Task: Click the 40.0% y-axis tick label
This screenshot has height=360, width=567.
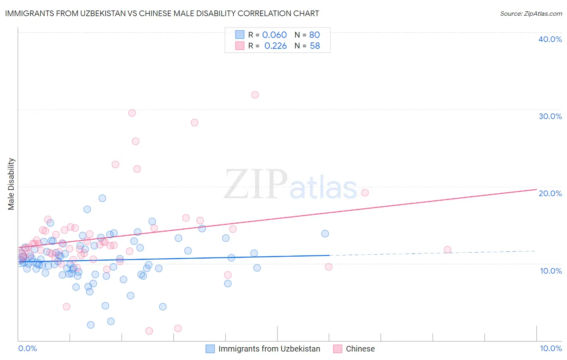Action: (x=550, y=39)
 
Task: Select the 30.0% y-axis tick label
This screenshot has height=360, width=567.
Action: (x=550, y=116)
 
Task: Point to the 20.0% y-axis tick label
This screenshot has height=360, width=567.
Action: (x=550, y=193)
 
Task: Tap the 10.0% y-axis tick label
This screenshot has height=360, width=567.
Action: (x=551, y=271)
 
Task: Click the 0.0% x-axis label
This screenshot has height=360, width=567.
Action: (x=27, y=348)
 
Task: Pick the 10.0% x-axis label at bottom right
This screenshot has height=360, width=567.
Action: (x=551, y=348)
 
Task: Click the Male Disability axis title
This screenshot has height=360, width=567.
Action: (x=11, y=184)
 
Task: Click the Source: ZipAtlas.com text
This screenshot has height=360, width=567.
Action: (x=531, y=13)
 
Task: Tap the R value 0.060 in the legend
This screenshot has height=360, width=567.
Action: (x=274, y=35)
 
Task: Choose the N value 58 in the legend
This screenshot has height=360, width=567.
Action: (x=315, y=46)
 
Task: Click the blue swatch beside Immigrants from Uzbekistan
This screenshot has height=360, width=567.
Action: (x=210, y=349)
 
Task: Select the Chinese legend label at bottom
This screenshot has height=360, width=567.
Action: (x=360, y=349)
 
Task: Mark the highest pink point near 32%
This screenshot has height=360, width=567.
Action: (x=255, y=95)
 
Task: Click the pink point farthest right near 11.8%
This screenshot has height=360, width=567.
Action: (x=447, y=250)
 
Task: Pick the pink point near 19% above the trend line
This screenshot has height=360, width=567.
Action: (x=365, y=193)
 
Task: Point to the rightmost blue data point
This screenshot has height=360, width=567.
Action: (x=325, y=233)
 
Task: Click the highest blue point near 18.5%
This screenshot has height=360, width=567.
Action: (x=102, y=198)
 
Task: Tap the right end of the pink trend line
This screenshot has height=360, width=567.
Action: (x=536, y=189)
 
